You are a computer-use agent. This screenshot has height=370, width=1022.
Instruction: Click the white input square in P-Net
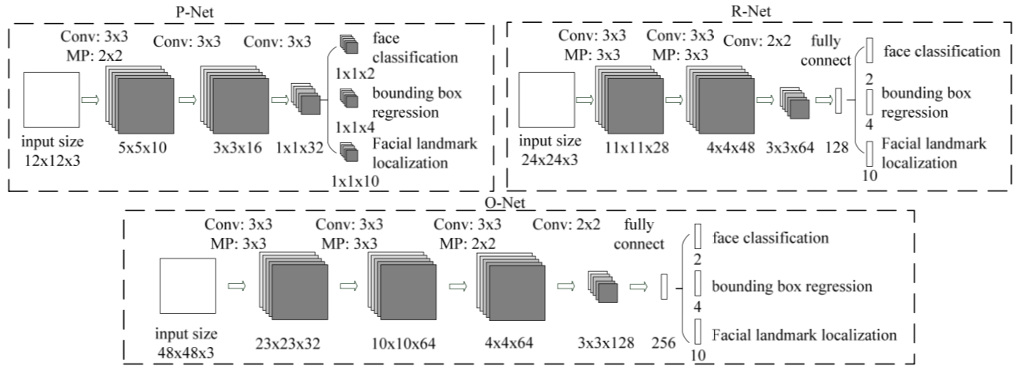click(51, 100)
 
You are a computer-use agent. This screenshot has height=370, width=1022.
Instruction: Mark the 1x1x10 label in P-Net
click(354, 181)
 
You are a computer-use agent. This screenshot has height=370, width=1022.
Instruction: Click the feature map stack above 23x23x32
click(292, 288)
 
